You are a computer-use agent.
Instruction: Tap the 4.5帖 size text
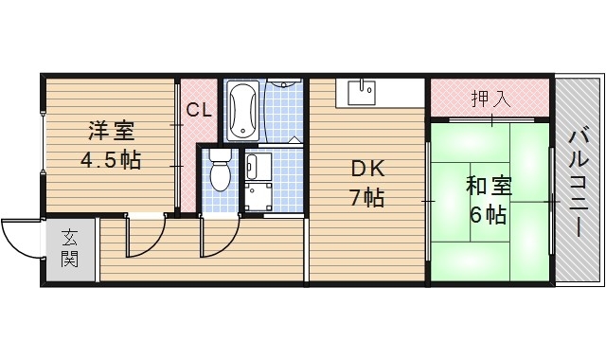[110, 159]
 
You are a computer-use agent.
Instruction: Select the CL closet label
[198, 110]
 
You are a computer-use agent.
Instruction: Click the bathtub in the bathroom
[242, 109]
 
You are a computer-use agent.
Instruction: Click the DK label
[368, 170]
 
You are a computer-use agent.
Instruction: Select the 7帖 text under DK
[368, 200]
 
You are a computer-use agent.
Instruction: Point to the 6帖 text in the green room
[489, 214]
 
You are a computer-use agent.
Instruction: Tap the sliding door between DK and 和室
[429, 201]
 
